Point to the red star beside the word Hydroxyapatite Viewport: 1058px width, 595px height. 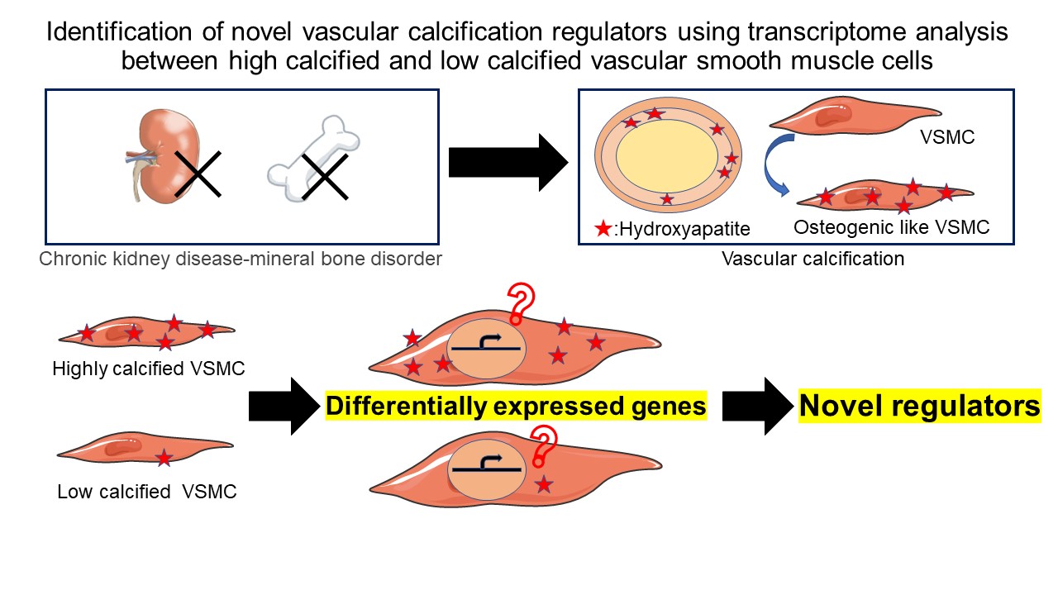[x=603, y=227]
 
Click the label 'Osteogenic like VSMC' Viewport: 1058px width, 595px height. [x=891, y=227]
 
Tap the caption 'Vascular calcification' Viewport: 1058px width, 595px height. [x=813, y=259]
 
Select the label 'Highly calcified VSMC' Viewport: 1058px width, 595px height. [x=149, y=369]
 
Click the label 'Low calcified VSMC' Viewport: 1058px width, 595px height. [x=147, y=492]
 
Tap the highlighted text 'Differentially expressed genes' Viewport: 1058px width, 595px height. [x=517, y=406]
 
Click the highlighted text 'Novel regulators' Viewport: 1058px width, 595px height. [x=919, y=406]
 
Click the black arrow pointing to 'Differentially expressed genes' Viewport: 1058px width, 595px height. [x=284, y=406]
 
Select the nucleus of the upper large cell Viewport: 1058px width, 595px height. [x=486, y=351]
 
